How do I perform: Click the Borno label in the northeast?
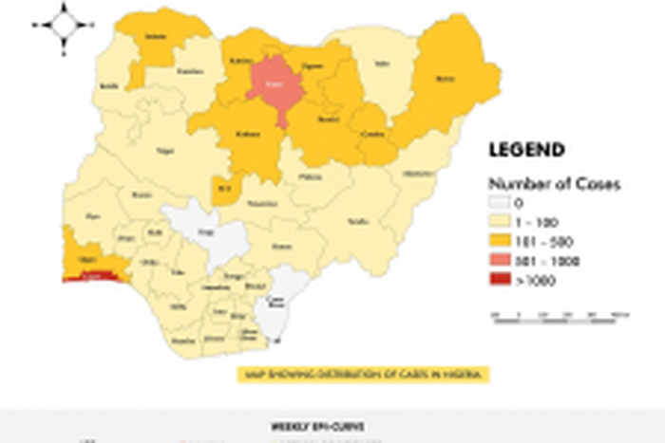[x=443, y=78]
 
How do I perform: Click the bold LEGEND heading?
[x=525, y=150]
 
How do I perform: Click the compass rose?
[x=64, y=25]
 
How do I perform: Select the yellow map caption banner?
[x=364, y=374]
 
